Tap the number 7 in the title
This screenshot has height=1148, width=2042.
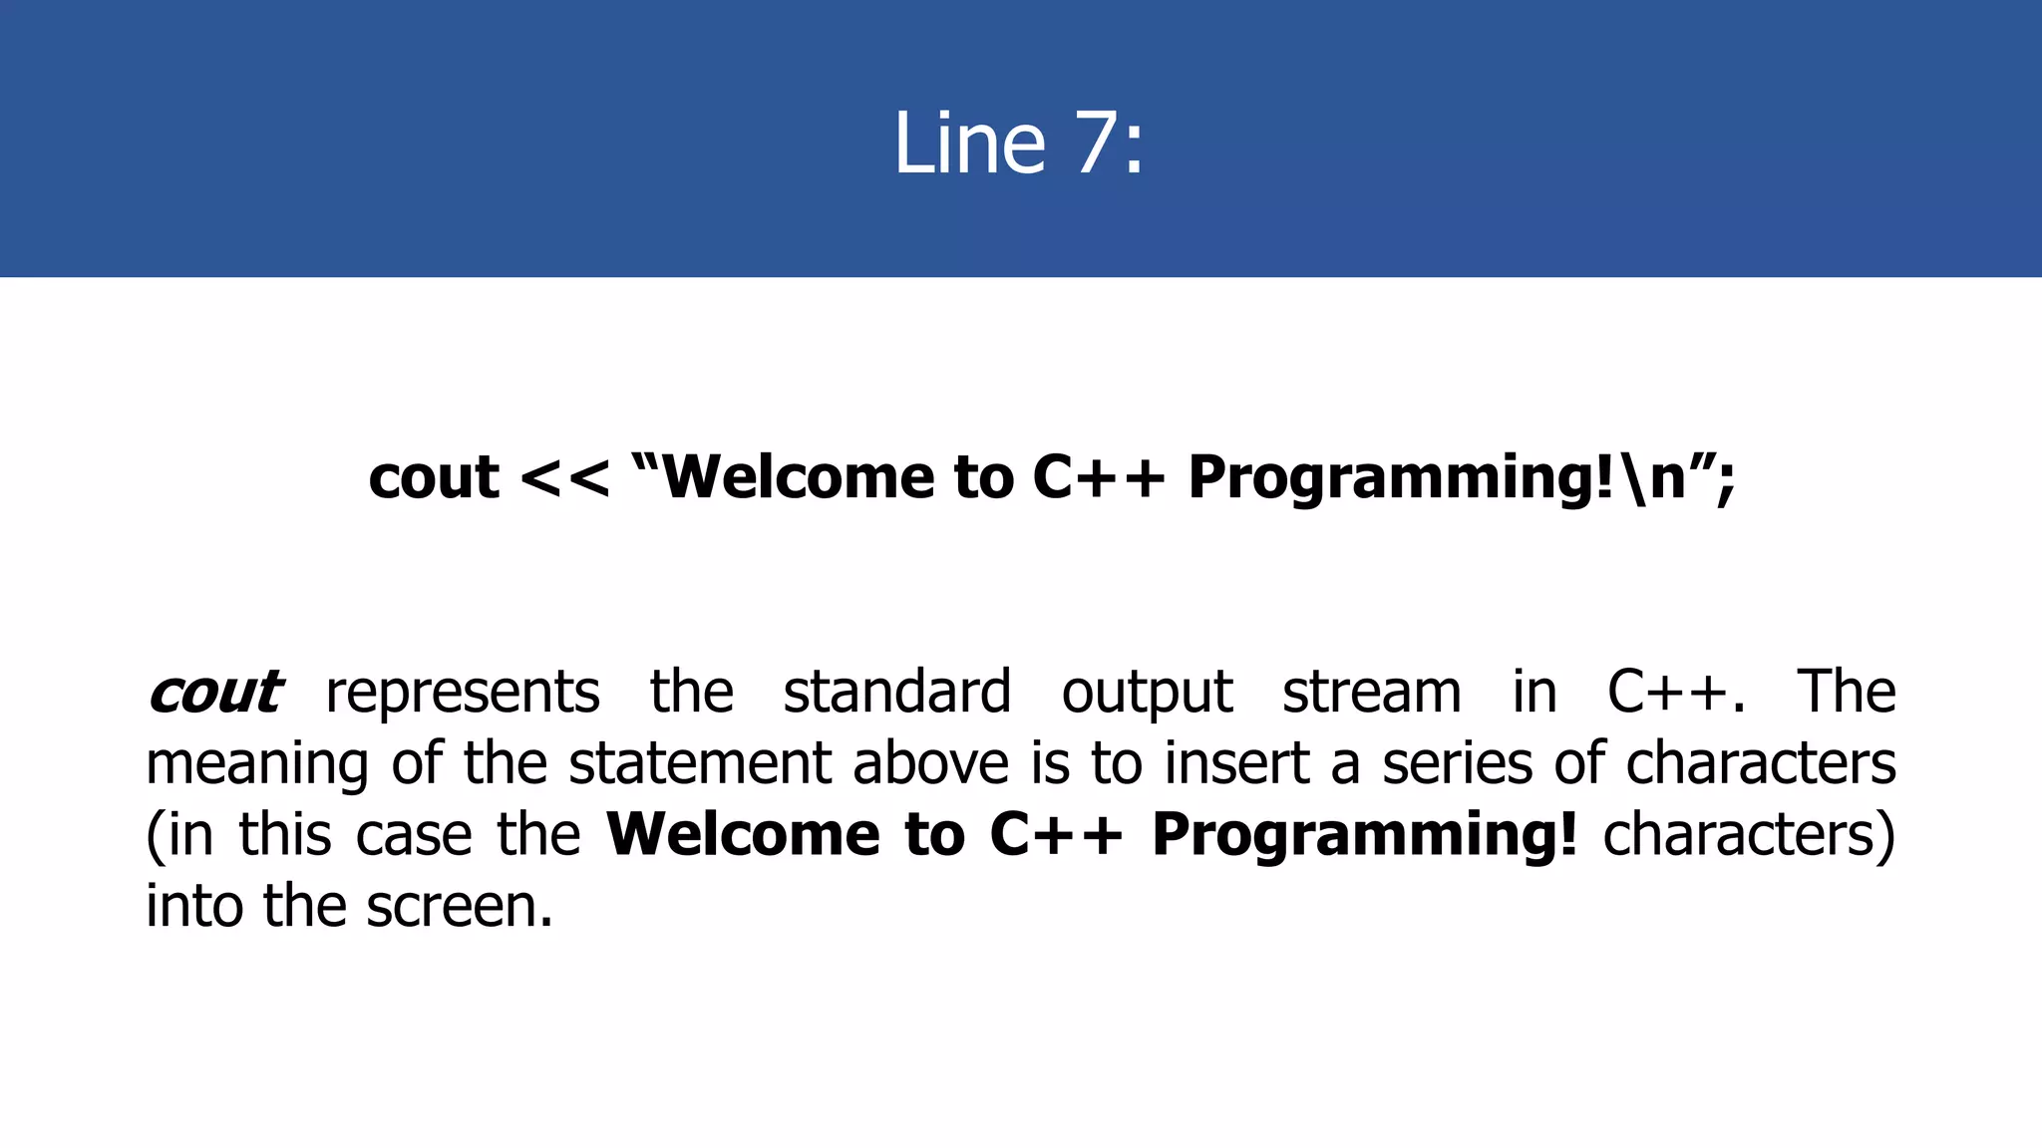tap(1097, 143)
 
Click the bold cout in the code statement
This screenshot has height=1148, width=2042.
tap(434, 477)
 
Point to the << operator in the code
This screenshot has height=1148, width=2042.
tap(564, 477)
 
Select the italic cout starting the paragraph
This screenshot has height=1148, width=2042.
tap(215, 692)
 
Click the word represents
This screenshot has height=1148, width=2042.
tap(463, 692)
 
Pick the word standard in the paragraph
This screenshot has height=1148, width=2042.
tap(896, 692)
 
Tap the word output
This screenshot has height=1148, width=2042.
tap(1147, 692)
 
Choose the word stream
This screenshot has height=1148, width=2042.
tap(1371, 692)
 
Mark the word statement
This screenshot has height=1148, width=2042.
tap(700, 763)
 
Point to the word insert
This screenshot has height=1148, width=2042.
tap(1236, 763)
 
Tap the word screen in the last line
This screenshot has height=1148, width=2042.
tap(459, 907)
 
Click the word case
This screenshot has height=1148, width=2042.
tap(414, 835)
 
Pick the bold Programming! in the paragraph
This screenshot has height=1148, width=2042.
tap(1365, 835)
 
